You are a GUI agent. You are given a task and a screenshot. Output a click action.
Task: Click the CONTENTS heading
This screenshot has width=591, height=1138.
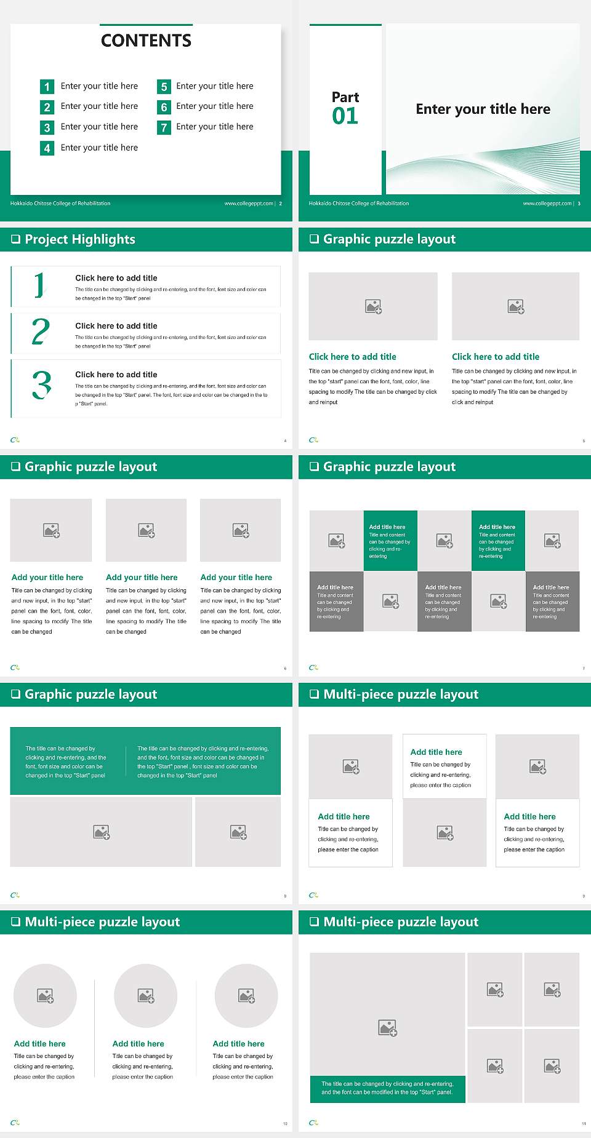pos(146,41)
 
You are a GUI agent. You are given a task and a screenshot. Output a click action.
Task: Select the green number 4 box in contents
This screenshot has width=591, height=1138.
pos(47,148)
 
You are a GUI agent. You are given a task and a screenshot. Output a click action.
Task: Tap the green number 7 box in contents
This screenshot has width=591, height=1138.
pos(164,128)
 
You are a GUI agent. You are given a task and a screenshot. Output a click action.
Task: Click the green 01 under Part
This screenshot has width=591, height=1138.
pos(345,116)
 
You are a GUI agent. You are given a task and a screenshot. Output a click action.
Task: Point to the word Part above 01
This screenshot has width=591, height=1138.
pos(345,97)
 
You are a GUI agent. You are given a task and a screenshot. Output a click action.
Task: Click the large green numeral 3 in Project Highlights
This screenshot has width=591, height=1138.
pos(41,386)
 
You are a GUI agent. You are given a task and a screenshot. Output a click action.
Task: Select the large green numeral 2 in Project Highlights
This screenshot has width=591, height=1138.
pos(41,332)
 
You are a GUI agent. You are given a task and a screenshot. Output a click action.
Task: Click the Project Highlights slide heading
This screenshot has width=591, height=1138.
pos(80,239)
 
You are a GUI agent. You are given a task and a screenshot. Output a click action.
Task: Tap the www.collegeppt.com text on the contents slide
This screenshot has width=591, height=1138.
pos(249,204)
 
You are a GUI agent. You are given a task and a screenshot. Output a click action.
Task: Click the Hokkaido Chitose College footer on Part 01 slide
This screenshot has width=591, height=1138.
pos(359,204)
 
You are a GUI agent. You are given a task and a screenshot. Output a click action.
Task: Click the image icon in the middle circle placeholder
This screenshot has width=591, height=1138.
pos(146,995)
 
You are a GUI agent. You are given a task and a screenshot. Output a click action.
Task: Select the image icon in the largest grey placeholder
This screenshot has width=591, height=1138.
pos(387,1027)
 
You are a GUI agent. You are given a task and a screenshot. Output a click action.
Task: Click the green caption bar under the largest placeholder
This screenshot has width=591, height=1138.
pos(387,1088)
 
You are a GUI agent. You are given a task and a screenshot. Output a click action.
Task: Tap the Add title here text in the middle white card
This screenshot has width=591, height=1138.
pos(436,752)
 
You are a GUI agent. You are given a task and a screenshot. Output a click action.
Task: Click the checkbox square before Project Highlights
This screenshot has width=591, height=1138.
pos(16,239)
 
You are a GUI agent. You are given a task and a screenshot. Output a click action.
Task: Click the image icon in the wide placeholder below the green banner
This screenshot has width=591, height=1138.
pos(102,832)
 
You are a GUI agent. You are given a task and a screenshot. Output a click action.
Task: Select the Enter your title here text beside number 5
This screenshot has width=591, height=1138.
pos(214,86)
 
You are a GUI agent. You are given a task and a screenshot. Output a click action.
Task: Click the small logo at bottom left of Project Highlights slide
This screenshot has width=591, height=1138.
pos(15,440)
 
